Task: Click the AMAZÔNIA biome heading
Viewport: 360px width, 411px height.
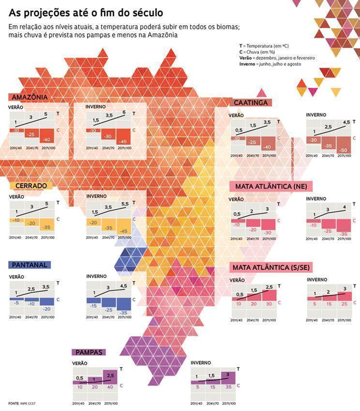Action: click(28, 97)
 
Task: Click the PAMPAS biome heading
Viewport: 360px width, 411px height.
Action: click(89, 352)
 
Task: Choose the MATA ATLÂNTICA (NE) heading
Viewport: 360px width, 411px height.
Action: click(269, 187)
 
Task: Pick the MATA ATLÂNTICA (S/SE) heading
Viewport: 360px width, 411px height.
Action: click(271, 268)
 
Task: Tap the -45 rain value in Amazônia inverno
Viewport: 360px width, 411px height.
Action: click(123, 141)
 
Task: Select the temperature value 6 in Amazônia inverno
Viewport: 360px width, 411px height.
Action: click(123, 112)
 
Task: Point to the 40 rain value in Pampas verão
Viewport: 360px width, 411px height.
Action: click(110, 387)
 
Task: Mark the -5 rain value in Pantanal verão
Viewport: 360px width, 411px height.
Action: click(16, 302)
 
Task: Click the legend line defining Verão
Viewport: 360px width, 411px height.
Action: click(277, 57)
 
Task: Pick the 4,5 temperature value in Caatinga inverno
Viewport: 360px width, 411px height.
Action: click(346, 122)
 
